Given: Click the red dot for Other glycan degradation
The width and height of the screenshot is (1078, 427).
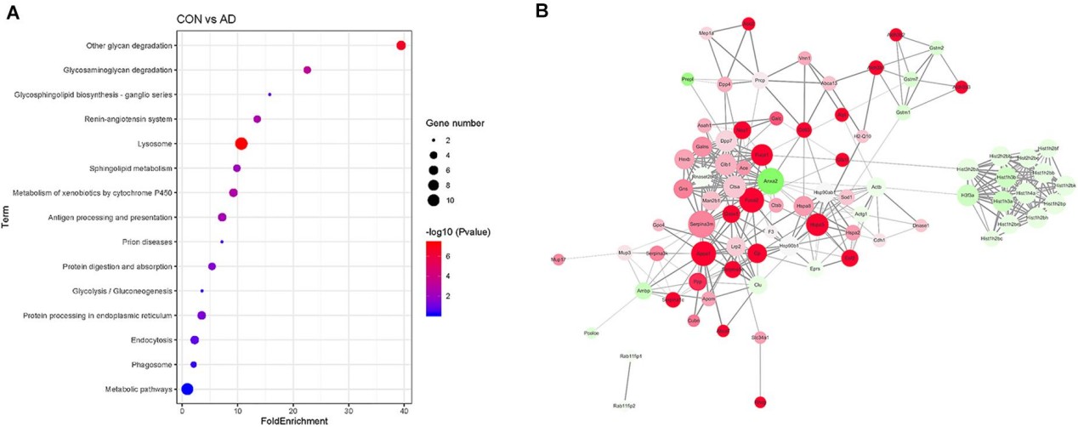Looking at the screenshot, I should (x=401, y=45).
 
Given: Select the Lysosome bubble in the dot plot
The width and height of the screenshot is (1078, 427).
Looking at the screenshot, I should (x=241, y=144).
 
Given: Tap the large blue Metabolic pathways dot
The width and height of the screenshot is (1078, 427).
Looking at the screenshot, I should (x=187, y=390).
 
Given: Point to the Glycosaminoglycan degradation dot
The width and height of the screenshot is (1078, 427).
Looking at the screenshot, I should (x=307, y=70).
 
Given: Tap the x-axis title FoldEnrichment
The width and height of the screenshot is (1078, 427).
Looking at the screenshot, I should (x=290, y=420).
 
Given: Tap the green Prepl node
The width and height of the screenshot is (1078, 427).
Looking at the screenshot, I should (x=688, y=79).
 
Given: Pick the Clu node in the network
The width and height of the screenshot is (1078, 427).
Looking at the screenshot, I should (x=757, y=285).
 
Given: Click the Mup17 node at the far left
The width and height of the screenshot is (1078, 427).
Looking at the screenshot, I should (x=558, y=259).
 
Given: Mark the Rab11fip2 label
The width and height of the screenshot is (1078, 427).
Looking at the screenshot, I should (x=624, y=407).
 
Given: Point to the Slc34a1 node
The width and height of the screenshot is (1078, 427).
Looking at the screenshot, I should (x=760, y=338).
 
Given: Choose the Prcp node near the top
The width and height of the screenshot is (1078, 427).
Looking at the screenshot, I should (x=760, y=82).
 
